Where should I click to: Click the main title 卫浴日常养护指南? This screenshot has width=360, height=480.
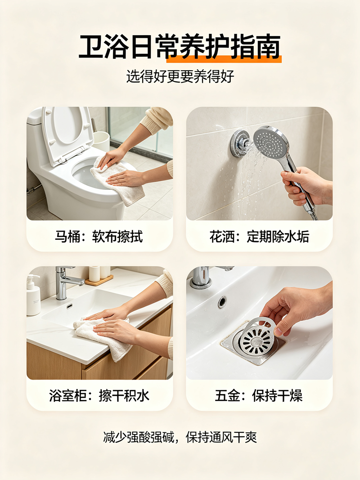(x=180, y=47)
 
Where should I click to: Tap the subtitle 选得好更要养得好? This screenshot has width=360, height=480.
(x=180, y=76)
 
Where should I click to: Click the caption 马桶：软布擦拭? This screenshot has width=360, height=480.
(x=99, y=237)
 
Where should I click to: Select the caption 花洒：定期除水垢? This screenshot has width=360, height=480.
(x=259, y=237)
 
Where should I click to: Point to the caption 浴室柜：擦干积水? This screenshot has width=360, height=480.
(x=99, y=395)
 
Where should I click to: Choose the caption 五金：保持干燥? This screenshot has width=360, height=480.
(x=259, y=395)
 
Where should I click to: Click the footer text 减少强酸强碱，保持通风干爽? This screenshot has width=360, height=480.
(x=180, y=437)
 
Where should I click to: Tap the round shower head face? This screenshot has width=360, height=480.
(x=270, y=141)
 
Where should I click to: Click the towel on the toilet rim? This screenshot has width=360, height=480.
(x=119, y=180)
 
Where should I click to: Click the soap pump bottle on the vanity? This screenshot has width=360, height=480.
(x=33, y=295)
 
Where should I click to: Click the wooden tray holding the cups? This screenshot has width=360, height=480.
(x=99, y=280)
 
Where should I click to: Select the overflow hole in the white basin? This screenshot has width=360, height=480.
(x=222, y=302)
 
